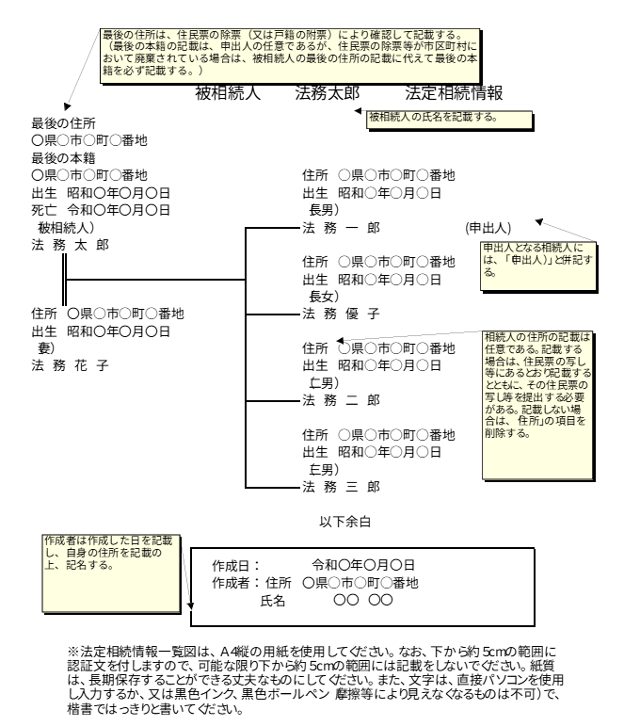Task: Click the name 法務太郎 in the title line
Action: coord(328,93)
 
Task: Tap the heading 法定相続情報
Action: coord(454,93)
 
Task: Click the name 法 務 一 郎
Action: coord(341,228)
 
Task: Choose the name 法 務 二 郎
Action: coord(341,400)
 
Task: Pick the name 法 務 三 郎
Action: coord(341,487)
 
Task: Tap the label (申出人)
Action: coord(487,228)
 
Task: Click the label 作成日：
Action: coord(235,565)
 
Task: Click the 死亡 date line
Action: coord(101,210)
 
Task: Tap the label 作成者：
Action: coord(235,583)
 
